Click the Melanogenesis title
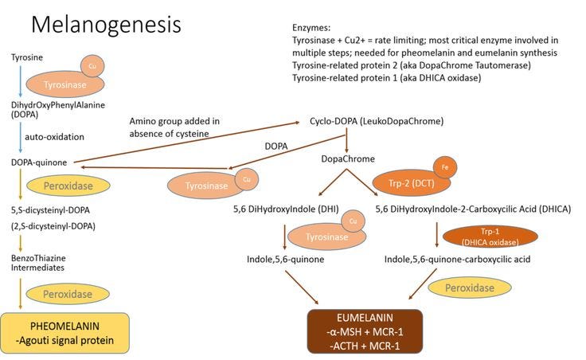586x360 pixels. point(106,25)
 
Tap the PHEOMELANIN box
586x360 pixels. point(65,333)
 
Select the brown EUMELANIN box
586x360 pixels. point(365,331)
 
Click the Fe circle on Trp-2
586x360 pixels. point(445,167)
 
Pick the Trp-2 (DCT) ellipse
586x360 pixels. point(412,183)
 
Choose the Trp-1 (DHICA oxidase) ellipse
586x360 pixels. point(490,237)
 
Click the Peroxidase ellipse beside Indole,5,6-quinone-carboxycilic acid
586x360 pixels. point(470,288)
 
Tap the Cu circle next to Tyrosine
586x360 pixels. point(92,66)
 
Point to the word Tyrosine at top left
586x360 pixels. point(27,57)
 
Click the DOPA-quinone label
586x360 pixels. point(39,162)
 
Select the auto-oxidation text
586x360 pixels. point(55,137)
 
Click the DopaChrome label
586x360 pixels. point(348,158)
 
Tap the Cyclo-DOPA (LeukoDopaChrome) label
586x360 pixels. point(377,121)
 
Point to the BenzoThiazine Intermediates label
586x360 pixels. point(38,263)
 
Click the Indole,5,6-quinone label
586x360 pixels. point(286,259)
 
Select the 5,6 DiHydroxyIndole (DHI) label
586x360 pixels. point(286,209)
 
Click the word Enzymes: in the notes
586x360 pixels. point(311,28)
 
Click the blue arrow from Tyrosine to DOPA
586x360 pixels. point(21,81)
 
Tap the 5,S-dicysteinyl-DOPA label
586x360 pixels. point(50,210)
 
